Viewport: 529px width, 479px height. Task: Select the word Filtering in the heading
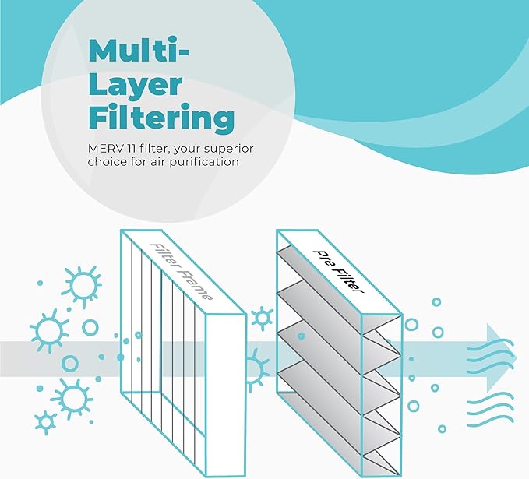[161, 118]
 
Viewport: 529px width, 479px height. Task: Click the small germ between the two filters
[263, 317]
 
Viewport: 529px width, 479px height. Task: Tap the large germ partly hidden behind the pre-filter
[256, 364]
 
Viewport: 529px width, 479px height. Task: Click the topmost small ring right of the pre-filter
[436, 301]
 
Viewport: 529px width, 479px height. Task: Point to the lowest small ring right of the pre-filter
[442, 428]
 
